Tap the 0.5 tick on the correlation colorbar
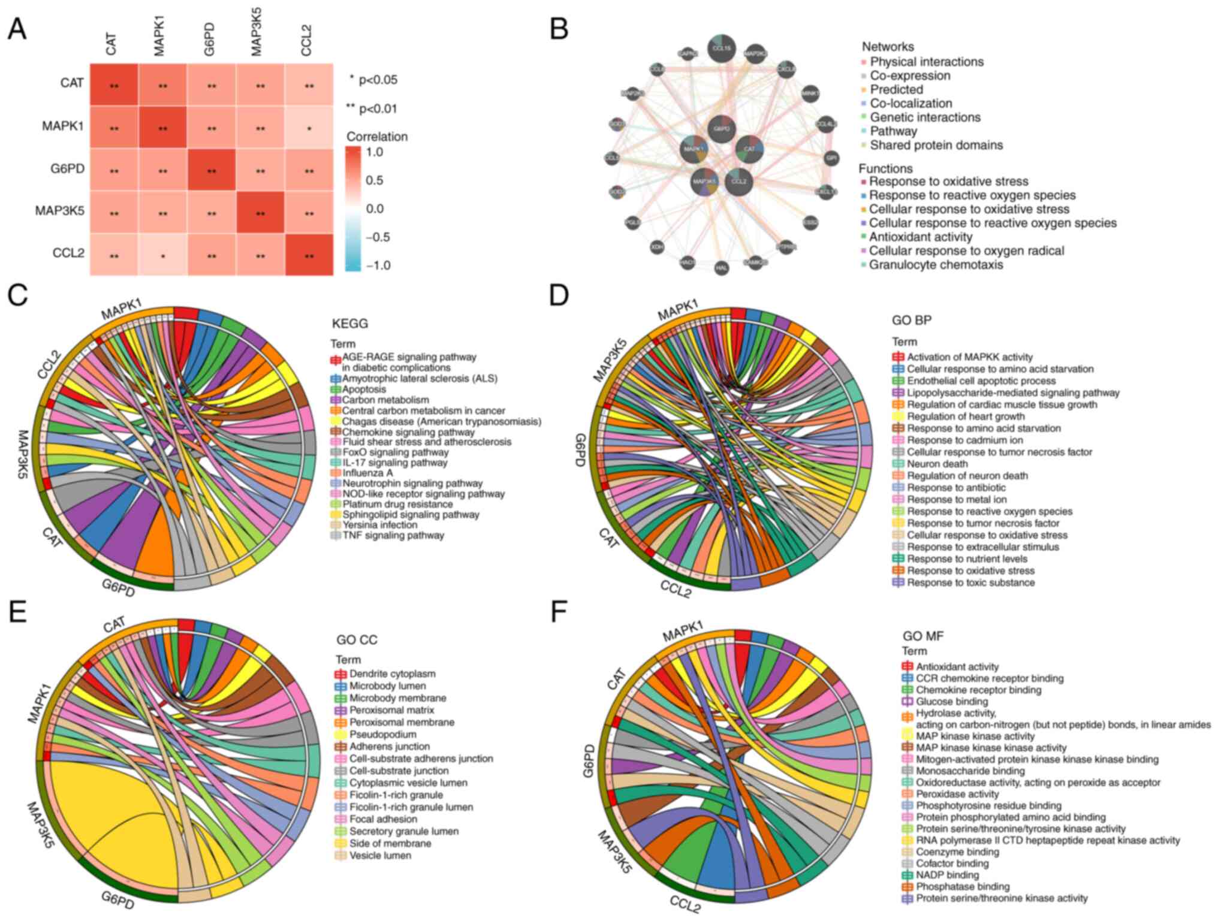tap(375, 180)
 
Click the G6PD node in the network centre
tap(722, 128)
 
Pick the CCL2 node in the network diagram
tap(739, 182)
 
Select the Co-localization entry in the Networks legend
tap(911, 104)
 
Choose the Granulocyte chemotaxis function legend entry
tap(936, 265)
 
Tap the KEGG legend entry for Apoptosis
tap(364, 389)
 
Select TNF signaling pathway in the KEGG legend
tap(393, 535)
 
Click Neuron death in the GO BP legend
tap(937, 464)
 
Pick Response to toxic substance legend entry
tap(970, 582)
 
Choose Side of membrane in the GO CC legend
tap(390, 843)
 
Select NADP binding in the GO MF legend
tap(946, 875)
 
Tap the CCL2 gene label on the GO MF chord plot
tap(685, 904)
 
